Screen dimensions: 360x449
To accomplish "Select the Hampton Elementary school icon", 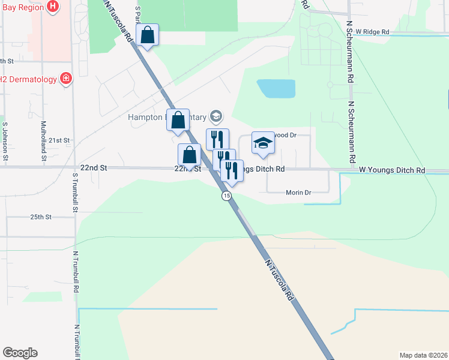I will (216, 116).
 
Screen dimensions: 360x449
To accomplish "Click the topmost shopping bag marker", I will (147, 35).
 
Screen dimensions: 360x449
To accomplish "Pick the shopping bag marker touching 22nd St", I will (189, 155).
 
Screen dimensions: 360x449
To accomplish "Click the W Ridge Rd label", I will (372, 32).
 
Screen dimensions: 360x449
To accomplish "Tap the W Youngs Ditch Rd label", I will (392, 170).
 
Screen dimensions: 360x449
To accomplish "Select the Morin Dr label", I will (297, 193).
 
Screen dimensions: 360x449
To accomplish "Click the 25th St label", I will (41, 216).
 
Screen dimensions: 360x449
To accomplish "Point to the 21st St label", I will (59, 140).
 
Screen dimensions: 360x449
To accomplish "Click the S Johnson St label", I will (5, 142).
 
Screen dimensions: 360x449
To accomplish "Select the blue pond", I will (276, 89).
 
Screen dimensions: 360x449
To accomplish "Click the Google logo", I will (20, 353).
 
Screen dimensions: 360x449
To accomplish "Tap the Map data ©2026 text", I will (423, 355).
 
